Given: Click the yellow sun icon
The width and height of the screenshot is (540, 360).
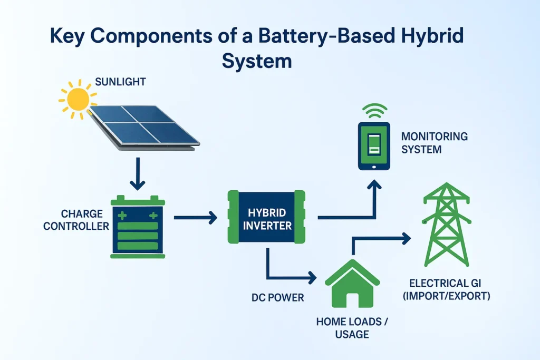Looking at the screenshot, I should (x=78, y=99).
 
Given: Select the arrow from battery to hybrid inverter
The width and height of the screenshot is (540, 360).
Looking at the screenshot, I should (x=195, y=217).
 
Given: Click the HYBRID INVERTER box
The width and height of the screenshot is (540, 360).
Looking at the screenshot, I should (x=266, y=218).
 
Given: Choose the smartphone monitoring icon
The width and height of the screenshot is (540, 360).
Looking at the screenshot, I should (x=373, y=146).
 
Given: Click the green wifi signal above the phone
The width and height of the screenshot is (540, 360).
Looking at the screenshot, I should (x=374, y=111).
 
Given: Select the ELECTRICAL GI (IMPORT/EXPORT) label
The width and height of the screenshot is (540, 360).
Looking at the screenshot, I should (x=446, y=290).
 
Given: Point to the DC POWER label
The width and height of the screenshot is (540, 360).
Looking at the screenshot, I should (x=278, y=298).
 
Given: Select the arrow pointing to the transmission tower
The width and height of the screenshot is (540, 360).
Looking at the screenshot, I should (x=380, y=239).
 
